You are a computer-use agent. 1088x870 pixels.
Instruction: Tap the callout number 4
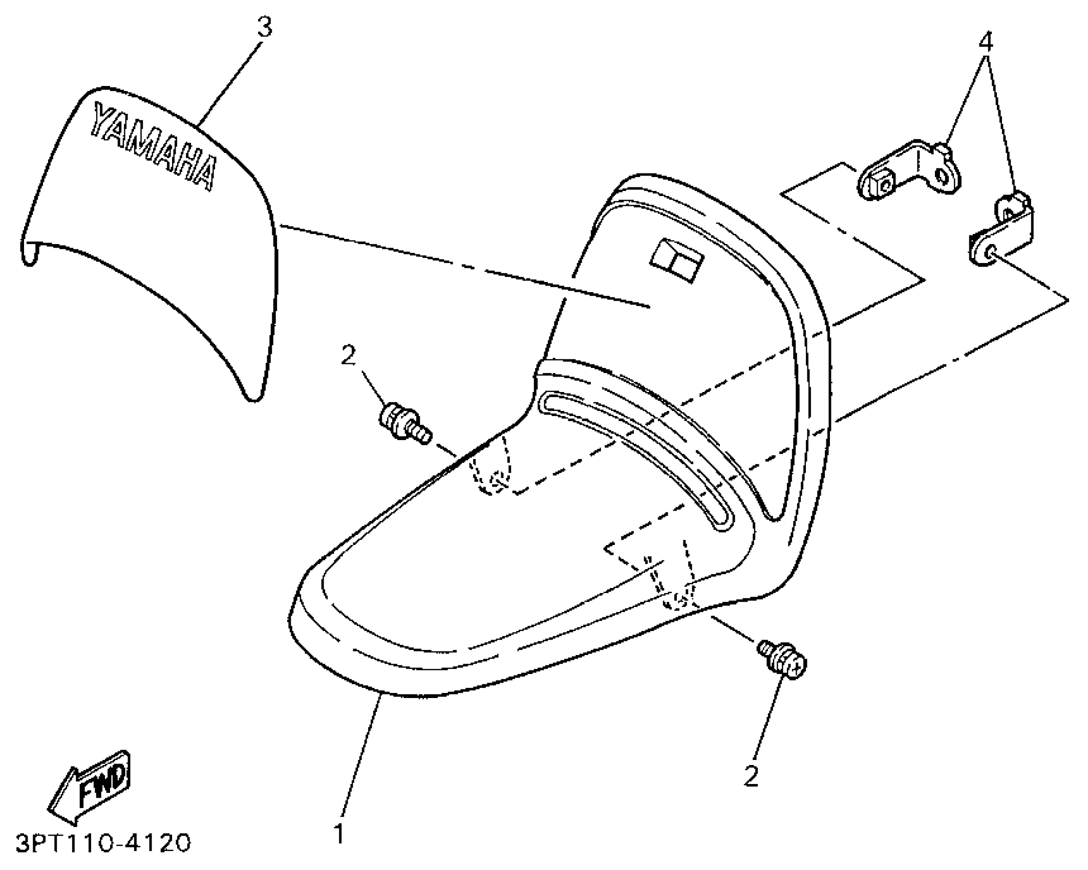[986, 42]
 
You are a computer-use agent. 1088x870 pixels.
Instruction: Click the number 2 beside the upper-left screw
[348, 355]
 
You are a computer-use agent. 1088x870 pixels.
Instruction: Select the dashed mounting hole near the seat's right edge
[678, 600]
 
